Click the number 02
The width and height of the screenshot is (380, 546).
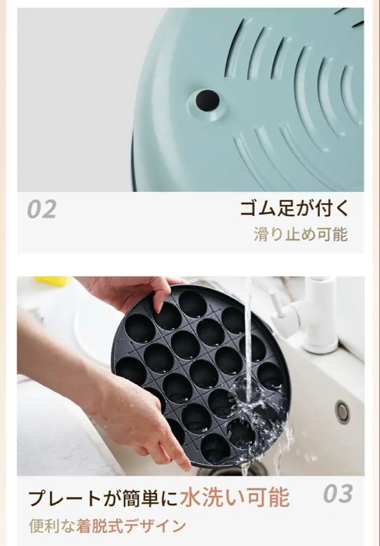(41, 209)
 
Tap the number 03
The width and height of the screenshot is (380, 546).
(338, 494)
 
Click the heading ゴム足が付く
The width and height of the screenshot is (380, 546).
(294, 208)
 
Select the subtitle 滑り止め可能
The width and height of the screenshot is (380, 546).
(300, 235)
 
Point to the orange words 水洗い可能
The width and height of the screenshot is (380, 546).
(234, 497)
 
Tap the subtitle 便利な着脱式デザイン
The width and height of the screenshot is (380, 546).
(108, 526)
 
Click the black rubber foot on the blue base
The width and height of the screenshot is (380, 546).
(207, 100)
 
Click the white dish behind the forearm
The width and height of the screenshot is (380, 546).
(93, 324)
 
